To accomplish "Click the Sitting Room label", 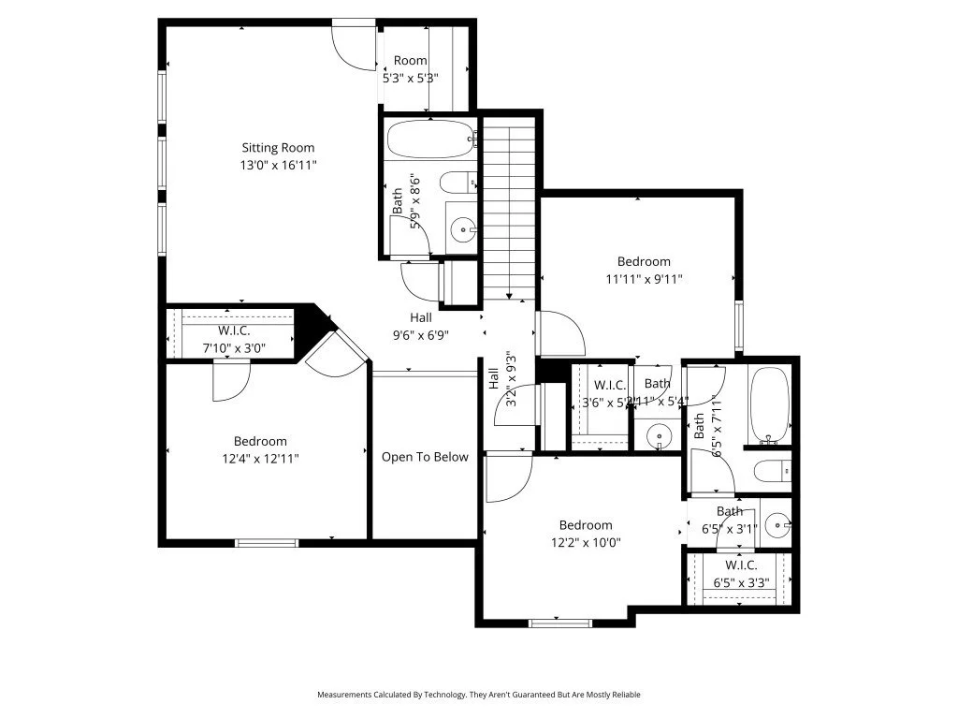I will (x=278, y=147).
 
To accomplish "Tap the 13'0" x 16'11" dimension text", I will (x=278, y=165).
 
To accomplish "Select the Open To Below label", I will (x=425, y=457).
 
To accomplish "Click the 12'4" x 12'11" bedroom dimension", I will (x=260, y=459).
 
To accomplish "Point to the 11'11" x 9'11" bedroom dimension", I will (x=644, y=279).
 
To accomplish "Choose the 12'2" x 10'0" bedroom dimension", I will (x=586, y=542).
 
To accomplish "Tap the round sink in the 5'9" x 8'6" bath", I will (x=461, y=228).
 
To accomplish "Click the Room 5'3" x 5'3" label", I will (x=410, y=69).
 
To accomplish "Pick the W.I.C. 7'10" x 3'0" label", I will (x=234, y=339).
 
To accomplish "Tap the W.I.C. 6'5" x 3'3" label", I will (x=741, y=574).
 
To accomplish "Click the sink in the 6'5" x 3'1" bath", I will (x=776, y=525).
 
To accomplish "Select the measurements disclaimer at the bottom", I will (x=479, y=695).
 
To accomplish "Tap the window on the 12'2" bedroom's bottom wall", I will (x=560, y=623).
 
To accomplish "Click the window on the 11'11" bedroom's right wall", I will (x=739, y=326).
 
